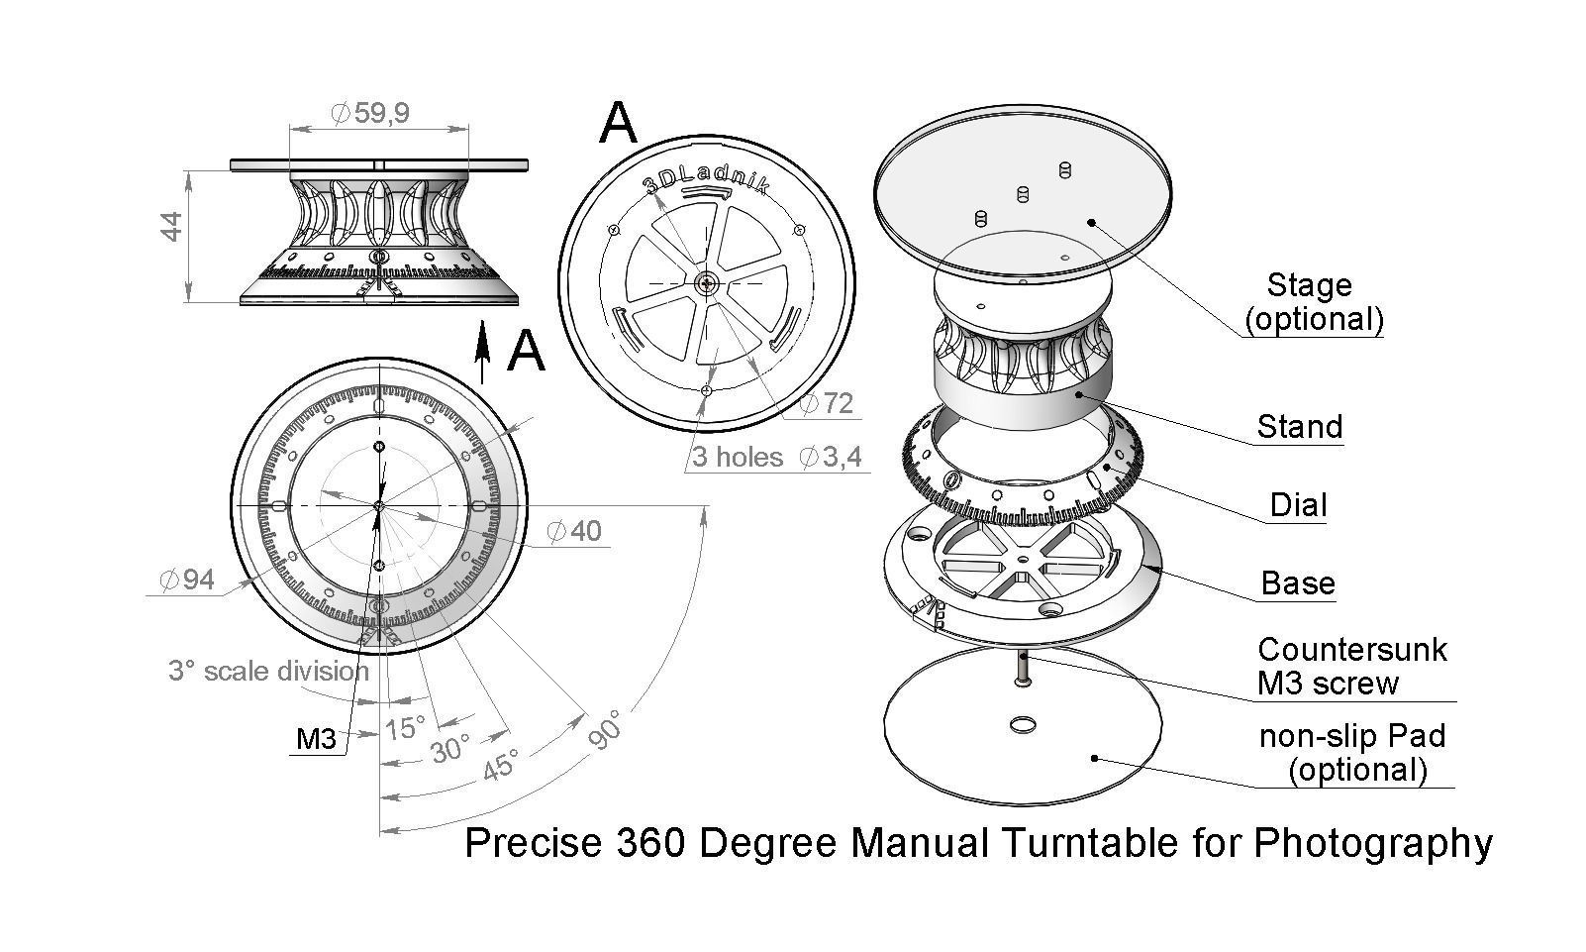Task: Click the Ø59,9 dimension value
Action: click(369, 114)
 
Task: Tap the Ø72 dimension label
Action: click(827, 403)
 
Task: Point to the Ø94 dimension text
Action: click(187, 580)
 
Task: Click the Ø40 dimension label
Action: click(574, 531)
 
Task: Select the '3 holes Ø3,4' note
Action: click(777, 457)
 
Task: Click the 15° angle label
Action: click(405, 729)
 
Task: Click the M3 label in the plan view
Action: click(317, 739)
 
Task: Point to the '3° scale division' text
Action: click(268, 672)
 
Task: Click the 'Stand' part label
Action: click(1299, 427)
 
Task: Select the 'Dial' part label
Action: click(1298, 506)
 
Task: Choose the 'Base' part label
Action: click(1298, 583)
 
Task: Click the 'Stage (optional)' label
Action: click(1312, 302)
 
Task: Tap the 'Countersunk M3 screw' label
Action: click(1351, 666)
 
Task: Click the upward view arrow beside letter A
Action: click(483, 352)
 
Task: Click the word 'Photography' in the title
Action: click(1372, 843)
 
